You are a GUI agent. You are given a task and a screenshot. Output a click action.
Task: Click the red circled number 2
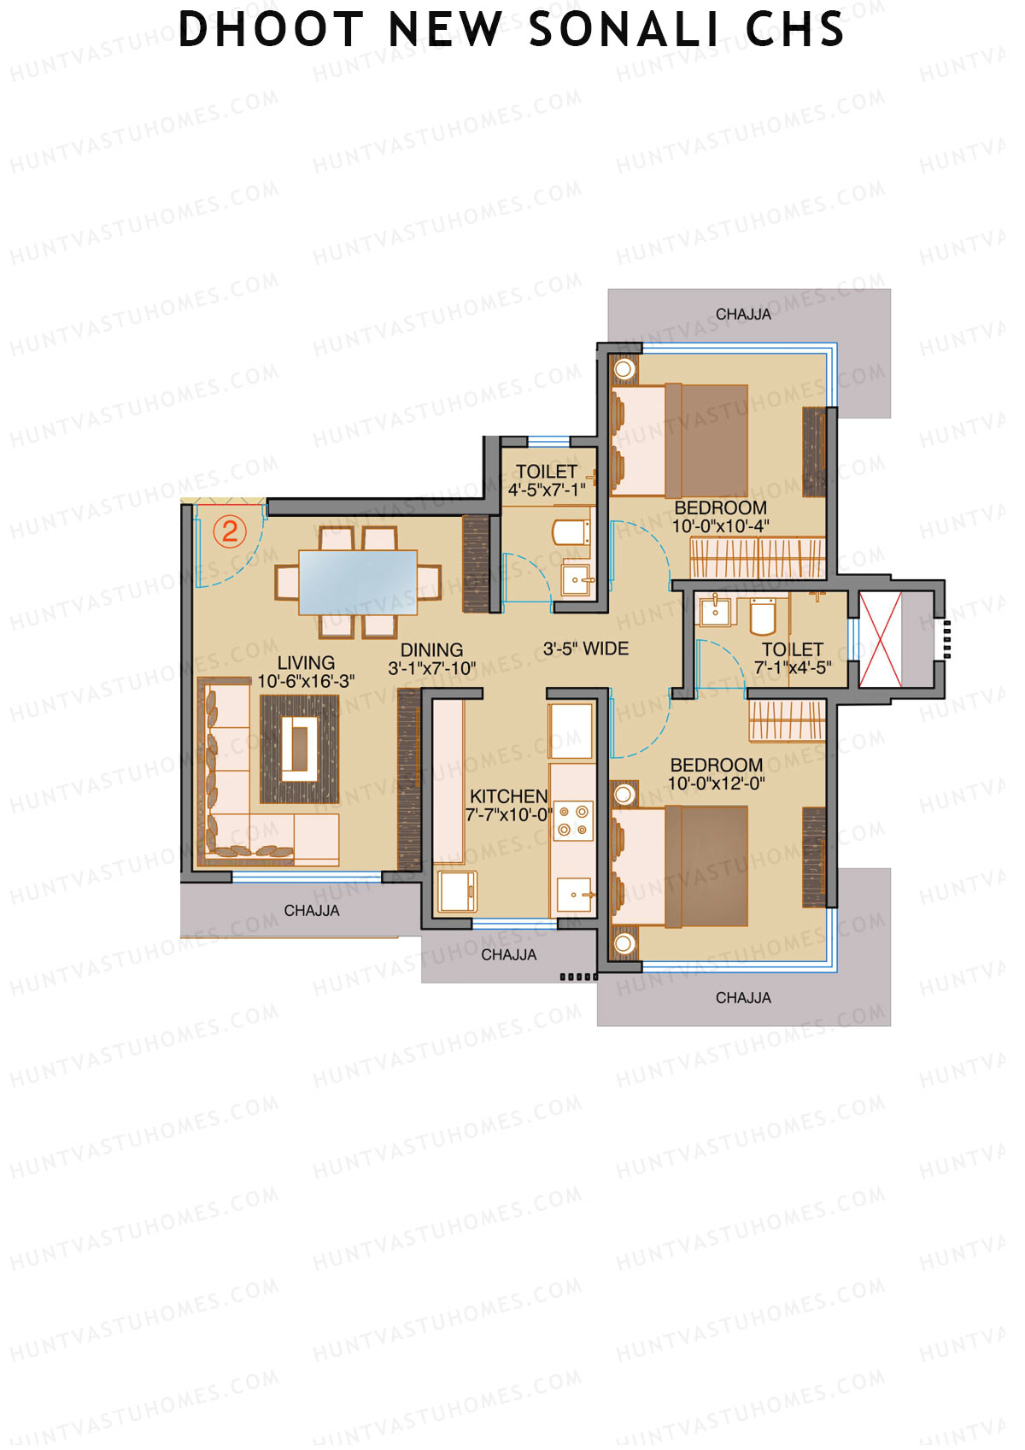pos(229,531)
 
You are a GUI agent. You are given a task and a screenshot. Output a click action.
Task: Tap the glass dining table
pos(358,582)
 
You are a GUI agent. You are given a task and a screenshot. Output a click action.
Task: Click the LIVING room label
pos(306,663)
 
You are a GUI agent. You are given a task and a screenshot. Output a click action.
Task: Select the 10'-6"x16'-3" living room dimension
pos(306,681)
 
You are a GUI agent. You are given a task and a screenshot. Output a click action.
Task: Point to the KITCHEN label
pos(508,796)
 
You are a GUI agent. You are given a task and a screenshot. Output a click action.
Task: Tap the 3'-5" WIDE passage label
pos(586,649)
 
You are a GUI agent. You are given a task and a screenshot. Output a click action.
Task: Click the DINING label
pos(431,650)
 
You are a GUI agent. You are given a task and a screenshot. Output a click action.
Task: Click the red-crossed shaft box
pos(880,640)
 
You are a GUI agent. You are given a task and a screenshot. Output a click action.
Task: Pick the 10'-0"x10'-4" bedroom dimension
pos(720,526)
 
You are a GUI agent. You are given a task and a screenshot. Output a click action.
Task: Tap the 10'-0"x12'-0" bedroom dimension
pos(716,784)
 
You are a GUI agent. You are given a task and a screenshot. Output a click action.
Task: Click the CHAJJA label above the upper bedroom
pos(743,314)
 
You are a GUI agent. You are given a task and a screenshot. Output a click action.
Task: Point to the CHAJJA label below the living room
pos(312,911)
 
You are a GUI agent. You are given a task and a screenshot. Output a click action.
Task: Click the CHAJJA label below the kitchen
pos(508,954)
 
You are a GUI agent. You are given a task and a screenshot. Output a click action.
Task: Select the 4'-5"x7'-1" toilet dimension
pos(547,490)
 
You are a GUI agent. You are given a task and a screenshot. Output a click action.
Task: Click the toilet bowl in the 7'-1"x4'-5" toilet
pos(762,616)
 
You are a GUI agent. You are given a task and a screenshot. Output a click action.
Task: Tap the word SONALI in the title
pos(624,30)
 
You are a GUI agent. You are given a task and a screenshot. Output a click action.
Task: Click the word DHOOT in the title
pos(271,30)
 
